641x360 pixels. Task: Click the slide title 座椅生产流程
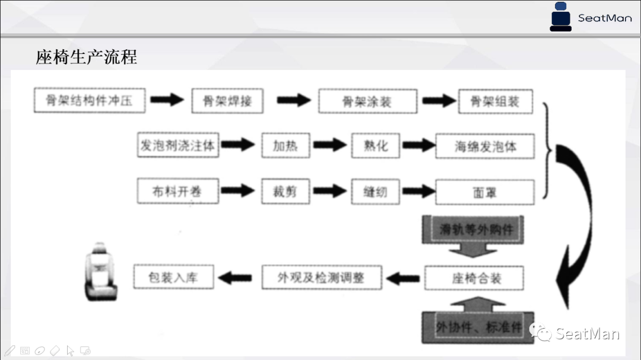tap(87, 57)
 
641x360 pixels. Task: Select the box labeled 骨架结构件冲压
tap(90, 100)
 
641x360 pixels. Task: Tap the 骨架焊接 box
tap(227, 101)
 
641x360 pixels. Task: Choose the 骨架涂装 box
tap(367, 101)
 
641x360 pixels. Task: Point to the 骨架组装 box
tap(495, 101)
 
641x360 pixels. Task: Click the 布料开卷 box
tap(177, 191)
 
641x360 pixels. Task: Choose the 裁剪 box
tap(285, 192)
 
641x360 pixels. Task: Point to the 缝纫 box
tap(375, 192)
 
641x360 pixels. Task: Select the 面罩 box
tap(485, 192)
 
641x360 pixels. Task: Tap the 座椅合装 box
tap(475, 278)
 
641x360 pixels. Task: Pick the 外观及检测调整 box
tap(321, 277)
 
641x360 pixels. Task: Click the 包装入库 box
tap(173, 277)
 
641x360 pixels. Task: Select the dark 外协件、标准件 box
tap(478, 327)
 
